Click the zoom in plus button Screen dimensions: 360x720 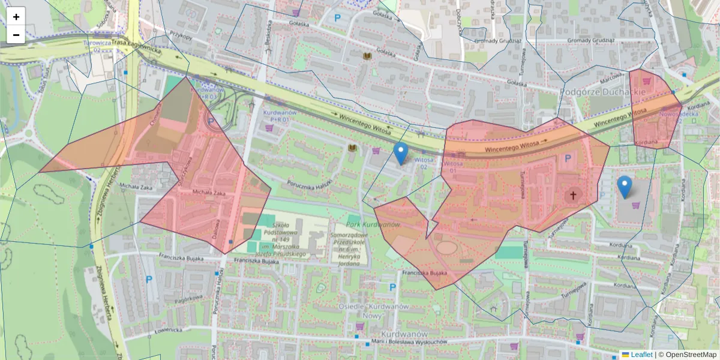pos(16,16)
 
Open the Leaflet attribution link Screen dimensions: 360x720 pos(641,355)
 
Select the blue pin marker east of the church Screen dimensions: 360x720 pos(625,187)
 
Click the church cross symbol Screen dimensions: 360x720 pos(573,195)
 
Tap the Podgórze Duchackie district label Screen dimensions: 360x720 pos(603,92)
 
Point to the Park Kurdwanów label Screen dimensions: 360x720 pos(373,224)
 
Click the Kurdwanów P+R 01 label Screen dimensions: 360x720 pos(280,116)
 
